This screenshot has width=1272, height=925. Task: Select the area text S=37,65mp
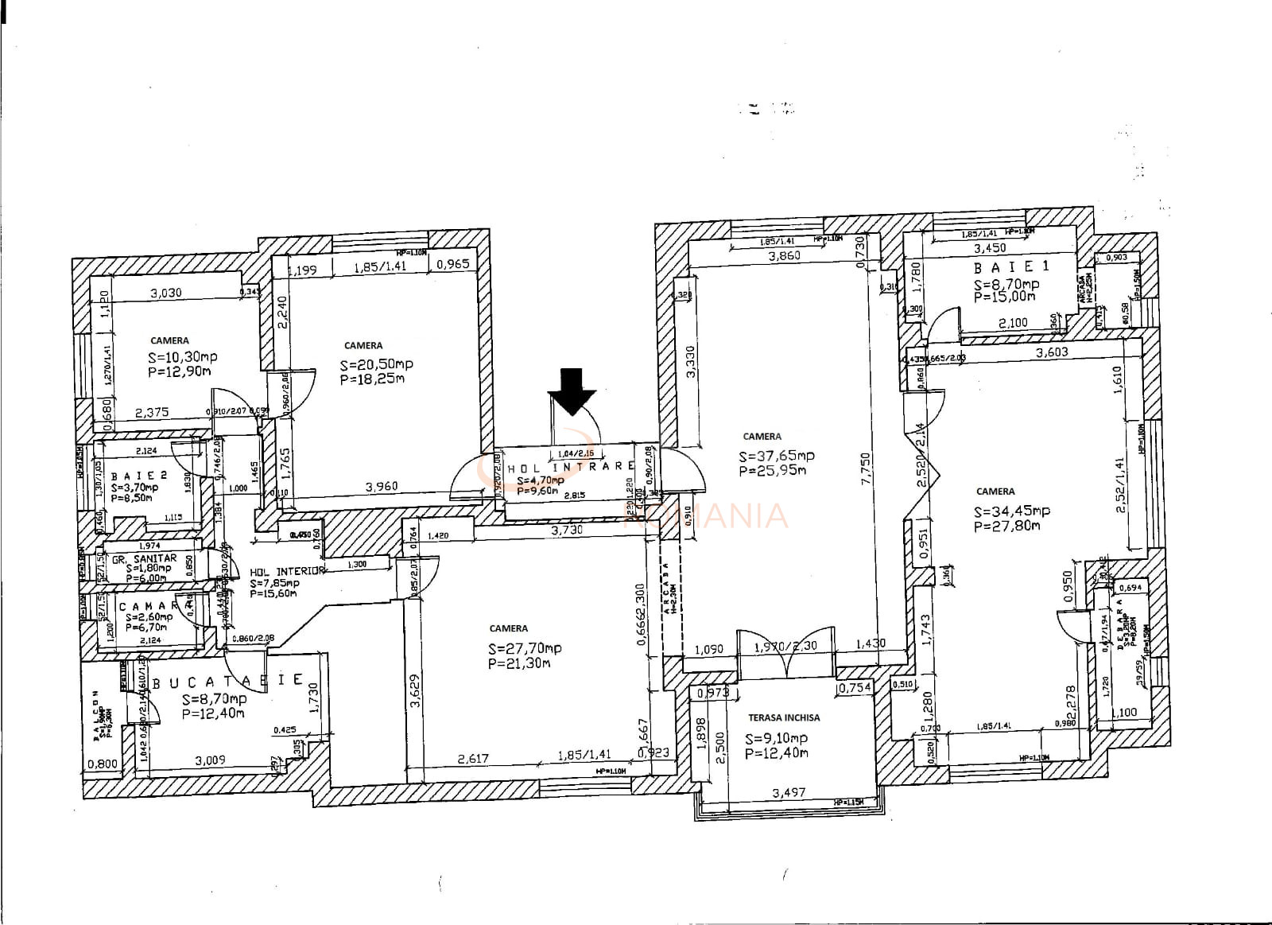click(x=776, y=457)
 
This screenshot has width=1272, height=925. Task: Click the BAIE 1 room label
click(x=1006, y=268)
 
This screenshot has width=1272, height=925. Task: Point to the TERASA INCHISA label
click(x=784, y=717)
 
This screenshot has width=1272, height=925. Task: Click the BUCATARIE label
click(x=227, y=682)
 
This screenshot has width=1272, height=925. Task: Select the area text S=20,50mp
click(x=376, y=364)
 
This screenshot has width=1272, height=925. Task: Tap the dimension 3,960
click(x=382, y=487)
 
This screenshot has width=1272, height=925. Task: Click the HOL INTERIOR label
click(x=287, y=572)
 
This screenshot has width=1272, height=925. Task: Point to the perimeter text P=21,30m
click(x=519, y=663)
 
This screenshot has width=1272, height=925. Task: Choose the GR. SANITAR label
click(x=144, y=558)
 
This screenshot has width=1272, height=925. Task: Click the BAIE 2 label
click(x=139, y=476)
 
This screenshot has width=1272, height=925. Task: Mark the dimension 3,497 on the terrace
click(x=789, y=793)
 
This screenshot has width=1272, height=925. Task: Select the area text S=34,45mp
click(x=1012, y=511)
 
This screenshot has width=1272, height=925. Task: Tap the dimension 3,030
click(x=165, y=293)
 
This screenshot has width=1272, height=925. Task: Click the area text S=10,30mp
click(x=182, y=357)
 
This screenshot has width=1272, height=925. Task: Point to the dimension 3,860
click(x=784, y=256)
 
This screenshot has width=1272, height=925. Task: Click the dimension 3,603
click(x=1052, y=352)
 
